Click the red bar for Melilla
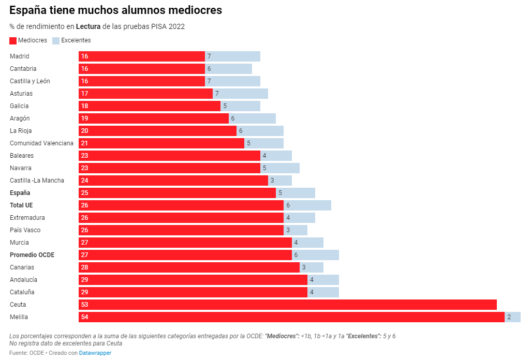pos(291,317)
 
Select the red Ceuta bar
pos(288,305)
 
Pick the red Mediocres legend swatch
pos(13,40)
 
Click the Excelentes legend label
pos(76,40)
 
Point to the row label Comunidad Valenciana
pos(41,143)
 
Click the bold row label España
pos(20,193)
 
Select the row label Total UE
pos(21,205)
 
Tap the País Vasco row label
pos(25,230)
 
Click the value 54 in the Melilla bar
pos(84,317)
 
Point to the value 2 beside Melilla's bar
pos(509,317)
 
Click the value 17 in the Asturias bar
pos(84,94)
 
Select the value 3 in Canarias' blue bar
pos(304,267)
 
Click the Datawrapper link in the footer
pos(95,353)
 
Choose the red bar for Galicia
pos(150,106)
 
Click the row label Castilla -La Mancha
pos(37,181)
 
